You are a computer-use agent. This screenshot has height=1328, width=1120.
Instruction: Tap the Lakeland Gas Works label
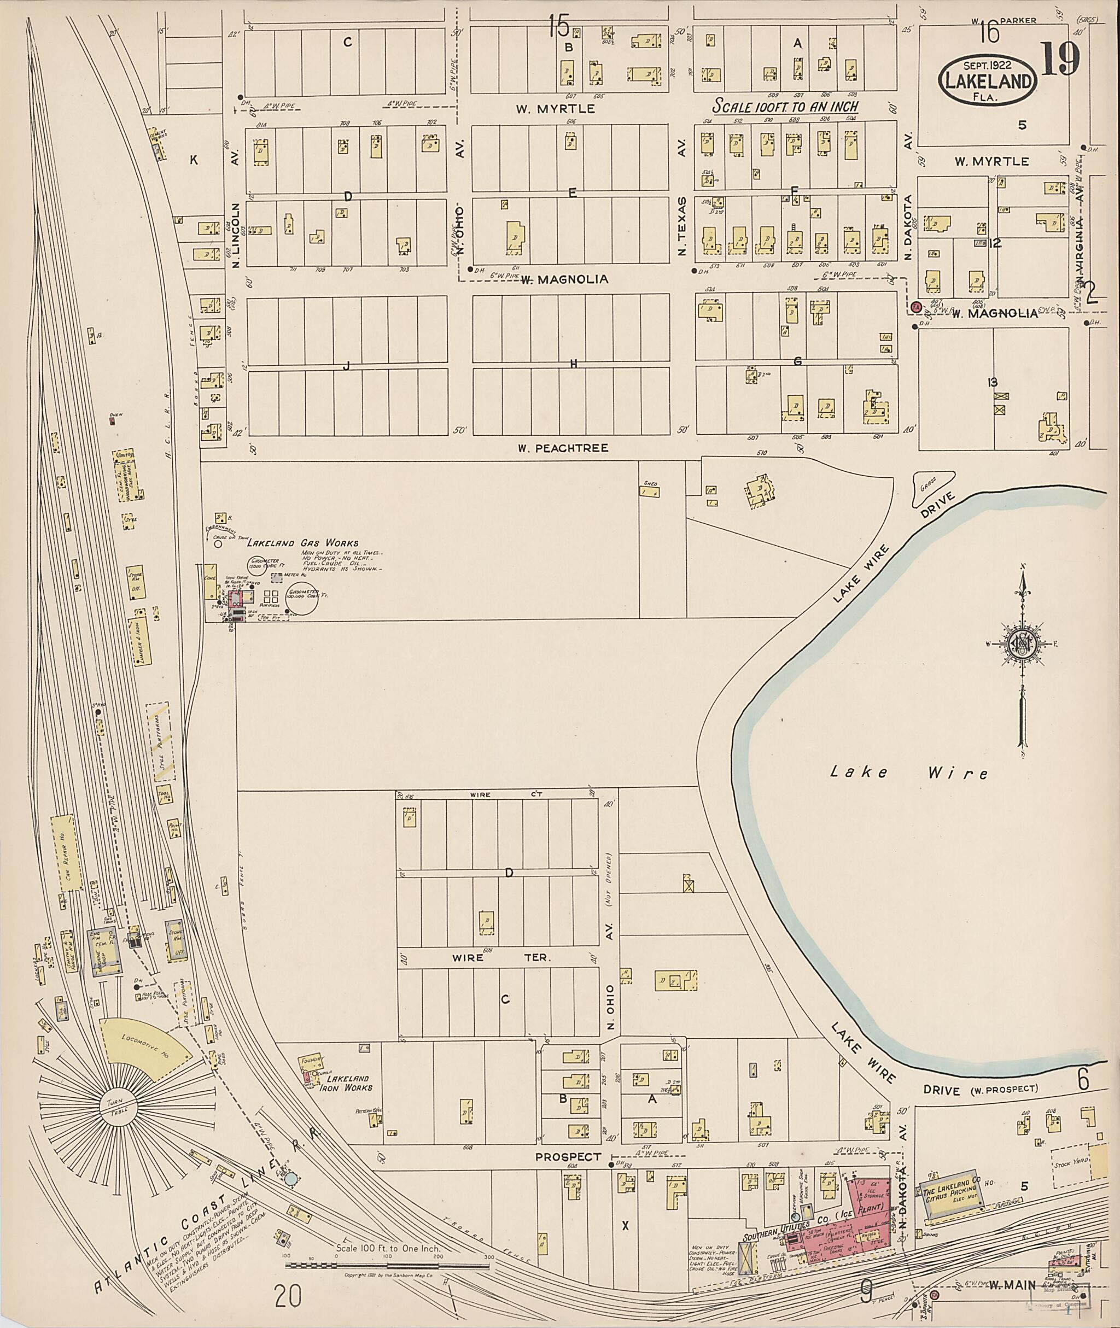(302, 543)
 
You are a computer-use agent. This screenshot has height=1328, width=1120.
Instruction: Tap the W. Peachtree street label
(563, 448)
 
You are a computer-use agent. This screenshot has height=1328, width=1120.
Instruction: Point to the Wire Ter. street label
(501, 957)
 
